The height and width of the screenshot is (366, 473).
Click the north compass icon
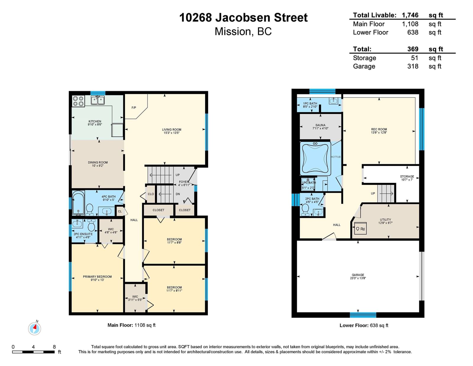coord(34,328)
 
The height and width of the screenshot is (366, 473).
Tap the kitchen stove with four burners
coord(78,101)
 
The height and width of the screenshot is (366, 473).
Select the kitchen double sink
coord(98,100)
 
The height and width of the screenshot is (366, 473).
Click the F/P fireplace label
coord(134,108)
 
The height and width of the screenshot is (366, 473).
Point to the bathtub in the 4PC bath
coord(78,203)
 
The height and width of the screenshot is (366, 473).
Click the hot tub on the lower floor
coord(315,158)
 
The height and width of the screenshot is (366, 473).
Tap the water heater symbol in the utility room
coord(360,228)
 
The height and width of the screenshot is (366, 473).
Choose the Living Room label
coord(171,130)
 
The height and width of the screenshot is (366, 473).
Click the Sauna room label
coord(320,125)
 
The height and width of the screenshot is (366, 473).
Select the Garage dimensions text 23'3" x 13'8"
coord(358,278)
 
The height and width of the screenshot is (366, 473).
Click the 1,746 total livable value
coord(410,15)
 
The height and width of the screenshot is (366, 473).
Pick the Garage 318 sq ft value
coord(413,66)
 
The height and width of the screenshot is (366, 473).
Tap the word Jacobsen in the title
coord(243,17)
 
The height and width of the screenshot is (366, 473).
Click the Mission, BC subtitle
coord(243,32)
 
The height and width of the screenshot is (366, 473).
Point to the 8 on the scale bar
coord(54,346)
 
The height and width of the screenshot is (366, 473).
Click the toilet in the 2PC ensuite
coord(91,225)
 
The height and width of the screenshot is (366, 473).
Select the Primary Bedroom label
coord(97,277)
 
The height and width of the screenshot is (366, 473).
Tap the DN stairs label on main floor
coord(178,194)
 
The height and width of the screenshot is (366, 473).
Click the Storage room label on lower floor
coord(407,176)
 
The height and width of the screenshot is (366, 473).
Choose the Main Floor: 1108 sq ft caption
coord(132,325)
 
